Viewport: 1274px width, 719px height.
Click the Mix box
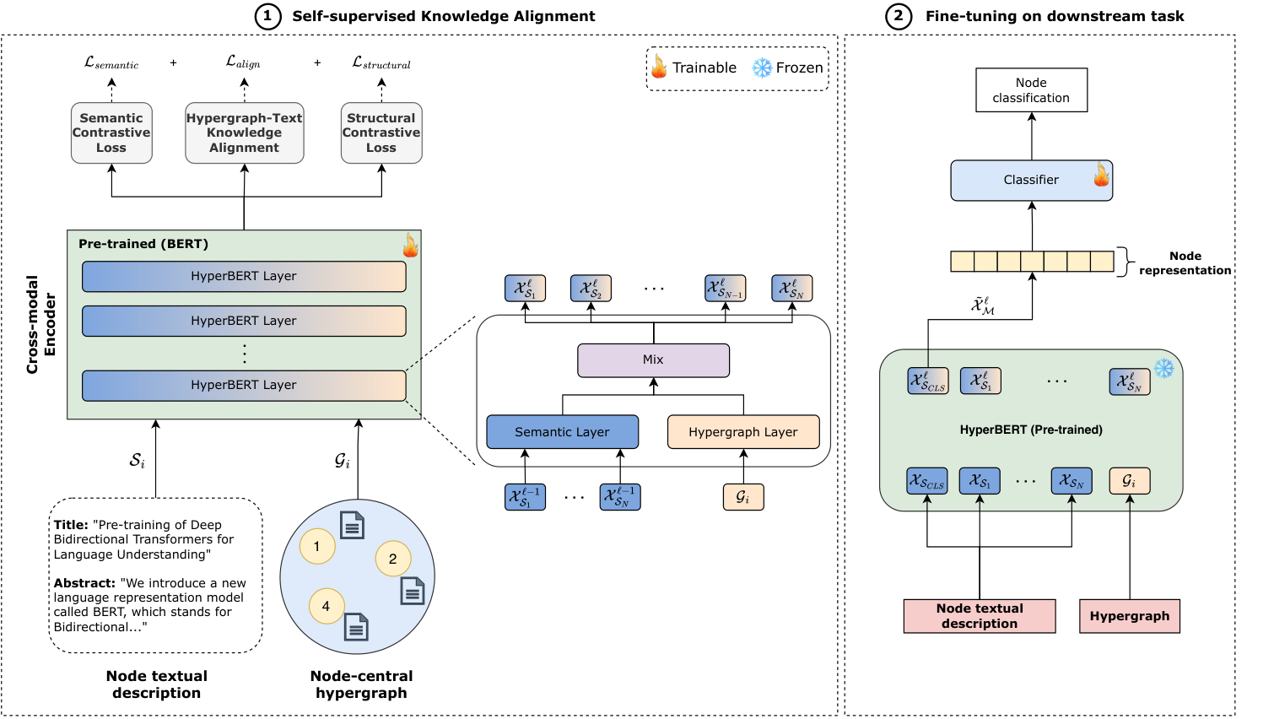653,360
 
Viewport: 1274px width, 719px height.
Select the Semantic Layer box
562,432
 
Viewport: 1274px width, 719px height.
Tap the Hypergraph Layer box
743,432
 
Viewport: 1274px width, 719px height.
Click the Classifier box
1031,181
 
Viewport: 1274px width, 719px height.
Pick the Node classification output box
1031,89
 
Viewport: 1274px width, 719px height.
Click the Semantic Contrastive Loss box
111,133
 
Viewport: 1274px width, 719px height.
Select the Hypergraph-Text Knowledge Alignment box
245,133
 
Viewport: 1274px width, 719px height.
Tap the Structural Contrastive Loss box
381,133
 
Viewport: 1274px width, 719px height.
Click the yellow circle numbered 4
327,606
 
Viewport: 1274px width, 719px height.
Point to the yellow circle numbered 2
393,559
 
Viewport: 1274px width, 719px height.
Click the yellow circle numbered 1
317,546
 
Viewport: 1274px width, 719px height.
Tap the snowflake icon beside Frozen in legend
762,68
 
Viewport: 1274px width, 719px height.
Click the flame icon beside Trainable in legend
659,67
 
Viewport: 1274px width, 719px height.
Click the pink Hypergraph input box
1130,616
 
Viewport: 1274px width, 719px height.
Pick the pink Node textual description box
980,616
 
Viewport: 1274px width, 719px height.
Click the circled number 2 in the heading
898,16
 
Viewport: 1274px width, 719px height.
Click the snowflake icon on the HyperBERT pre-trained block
1163,368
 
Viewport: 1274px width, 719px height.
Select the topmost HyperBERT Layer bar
244,277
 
